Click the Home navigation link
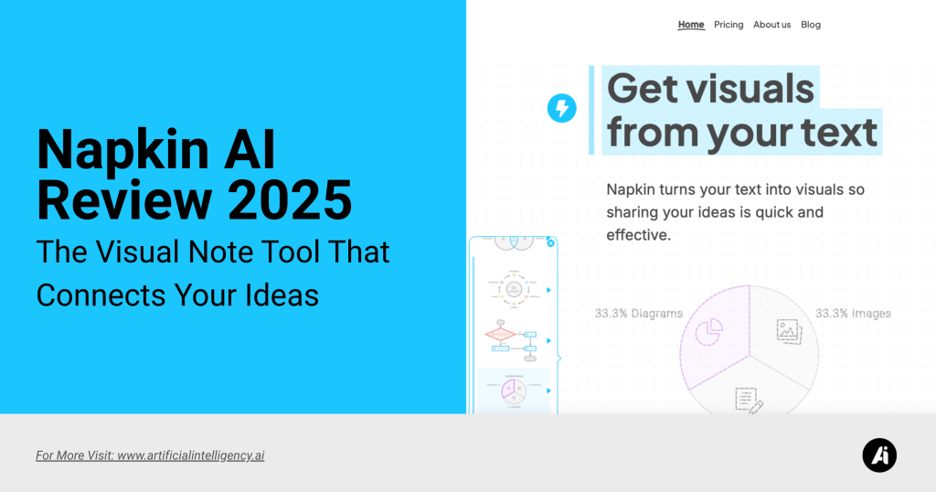coord(691,25)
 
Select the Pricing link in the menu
coord(729,25)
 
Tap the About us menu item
coord(771,25)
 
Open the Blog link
coord(811,25)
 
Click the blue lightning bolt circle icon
coord(562,108)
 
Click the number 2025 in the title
coord(290,200)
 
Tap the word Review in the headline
coord(124,200)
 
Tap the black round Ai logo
coord(879,455)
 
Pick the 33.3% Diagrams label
coord(639,314)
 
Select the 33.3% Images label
coord(853,314)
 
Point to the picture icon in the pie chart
coord(789,331)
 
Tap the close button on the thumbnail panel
coord(550,243)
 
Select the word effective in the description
coord(638,235)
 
